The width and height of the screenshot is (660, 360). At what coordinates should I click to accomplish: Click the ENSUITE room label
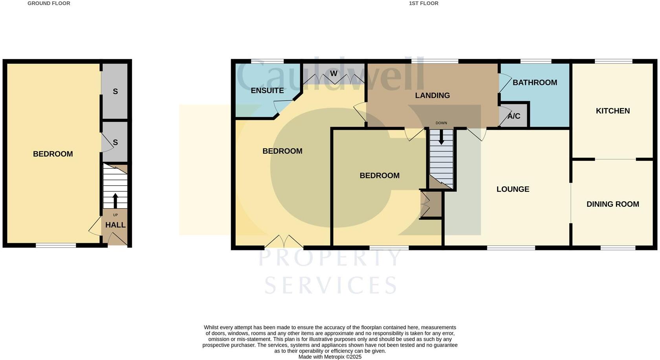[267, 90]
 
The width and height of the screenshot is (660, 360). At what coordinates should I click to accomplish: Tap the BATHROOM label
[535, 83]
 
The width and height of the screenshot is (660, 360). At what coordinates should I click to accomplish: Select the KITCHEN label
[612, 111]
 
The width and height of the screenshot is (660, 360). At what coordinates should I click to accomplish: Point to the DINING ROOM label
[612, 204]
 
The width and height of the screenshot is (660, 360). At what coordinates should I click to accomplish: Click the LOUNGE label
[513, 189]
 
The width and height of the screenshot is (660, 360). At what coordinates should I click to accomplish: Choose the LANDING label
[432, 96]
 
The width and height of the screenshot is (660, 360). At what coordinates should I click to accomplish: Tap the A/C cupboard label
[513, 116]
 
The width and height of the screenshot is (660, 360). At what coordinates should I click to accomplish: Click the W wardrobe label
[334, 73]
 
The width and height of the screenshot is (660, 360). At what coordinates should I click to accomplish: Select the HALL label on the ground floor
[115, 225]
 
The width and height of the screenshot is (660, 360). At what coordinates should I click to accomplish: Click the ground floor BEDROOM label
[53, 154]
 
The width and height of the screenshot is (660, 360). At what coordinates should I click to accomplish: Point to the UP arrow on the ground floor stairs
[115, 200]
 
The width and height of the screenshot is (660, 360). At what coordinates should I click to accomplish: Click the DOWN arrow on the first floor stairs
[441, 137]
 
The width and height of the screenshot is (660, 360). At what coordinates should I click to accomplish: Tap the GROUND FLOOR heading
[49, 4]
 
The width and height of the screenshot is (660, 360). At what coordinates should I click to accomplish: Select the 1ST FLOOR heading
[423, 4]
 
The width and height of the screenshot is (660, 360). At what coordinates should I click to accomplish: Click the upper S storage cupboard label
[115, 92]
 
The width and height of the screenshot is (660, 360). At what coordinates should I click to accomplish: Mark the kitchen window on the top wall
[613, 61]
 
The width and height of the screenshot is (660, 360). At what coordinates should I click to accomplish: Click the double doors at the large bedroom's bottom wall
[284, 242]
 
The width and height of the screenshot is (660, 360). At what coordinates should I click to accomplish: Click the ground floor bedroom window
[56, 246]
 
